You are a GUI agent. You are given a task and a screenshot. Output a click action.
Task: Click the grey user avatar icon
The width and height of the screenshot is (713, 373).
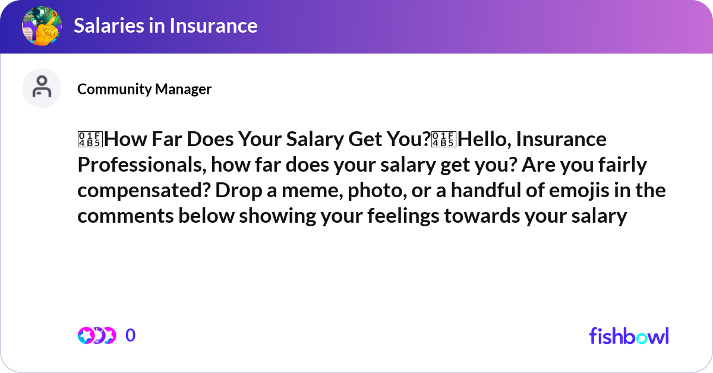pyautogui.click(x=42, y=88)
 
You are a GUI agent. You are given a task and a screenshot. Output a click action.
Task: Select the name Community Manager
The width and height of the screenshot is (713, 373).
pyautogui.click(x=144, y=89)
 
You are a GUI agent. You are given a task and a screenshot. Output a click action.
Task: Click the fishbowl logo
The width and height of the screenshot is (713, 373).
pyautogui.click(x=629, y=336)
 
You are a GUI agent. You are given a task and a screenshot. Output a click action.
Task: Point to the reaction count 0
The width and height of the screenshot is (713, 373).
pyautogui.click(x=131, y=336)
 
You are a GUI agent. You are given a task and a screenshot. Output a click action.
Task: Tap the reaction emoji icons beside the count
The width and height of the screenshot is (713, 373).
pyautogui.click(x=96, y=336)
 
